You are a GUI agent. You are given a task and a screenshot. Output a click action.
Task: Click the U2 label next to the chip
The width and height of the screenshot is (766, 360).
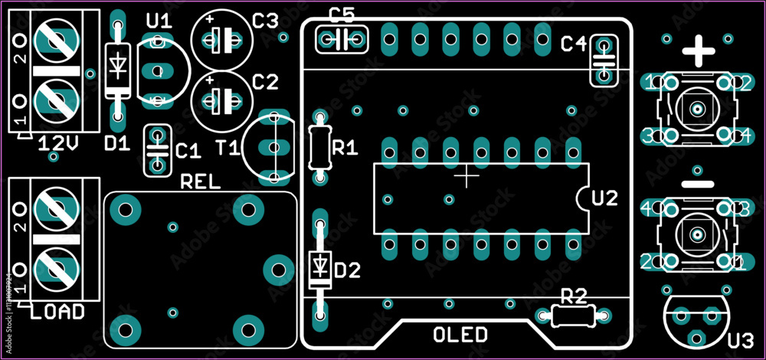click(x=604, y=198)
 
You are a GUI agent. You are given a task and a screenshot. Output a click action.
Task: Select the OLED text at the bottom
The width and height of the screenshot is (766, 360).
click(x=460, y=335)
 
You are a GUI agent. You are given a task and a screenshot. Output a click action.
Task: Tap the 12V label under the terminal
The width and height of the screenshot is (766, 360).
click(x=58, y=142)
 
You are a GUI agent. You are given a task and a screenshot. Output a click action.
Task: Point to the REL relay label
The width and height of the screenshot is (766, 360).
click(x=199, y=182)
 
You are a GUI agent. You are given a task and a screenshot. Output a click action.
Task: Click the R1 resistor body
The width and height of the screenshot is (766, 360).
click(x=320, y=148)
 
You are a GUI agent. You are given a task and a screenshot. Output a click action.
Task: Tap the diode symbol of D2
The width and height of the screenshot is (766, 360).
click(x=320, y=267)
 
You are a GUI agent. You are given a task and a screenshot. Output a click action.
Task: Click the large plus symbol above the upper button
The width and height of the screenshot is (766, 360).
click(x=698, y=53)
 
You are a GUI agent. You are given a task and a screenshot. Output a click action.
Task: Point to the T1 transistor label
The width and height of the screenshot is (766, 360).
click(x=228, y=148)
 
